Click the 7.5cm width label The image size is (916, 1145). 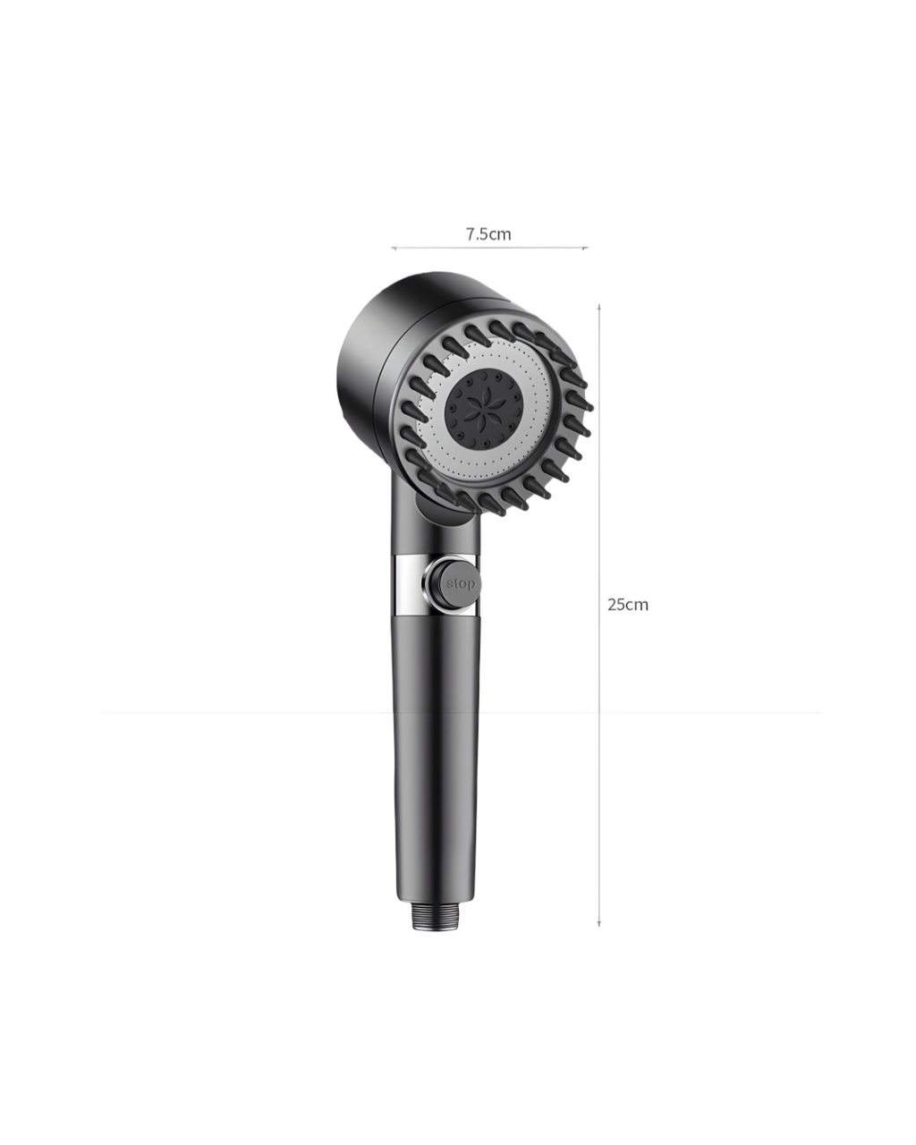coord(488,234)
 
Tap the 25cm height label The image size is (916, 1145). coord(628,605)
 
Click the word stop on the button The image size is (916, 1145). coord(462,584)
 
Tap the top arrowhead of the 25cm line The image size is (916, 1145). coord(599,307)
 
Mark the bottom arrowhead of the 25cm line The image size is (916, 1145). coord(599,923)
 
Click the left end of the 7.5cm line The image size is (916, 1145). coord(393,248)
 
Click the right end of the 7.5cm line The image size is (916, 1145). coord(586,248)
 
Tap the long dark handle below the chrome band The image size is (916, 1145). coord(435,760)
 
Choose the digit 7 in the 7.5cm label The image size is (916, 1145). coord(470,234)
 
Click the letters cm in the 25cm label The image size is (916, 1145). coord(637,605)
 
